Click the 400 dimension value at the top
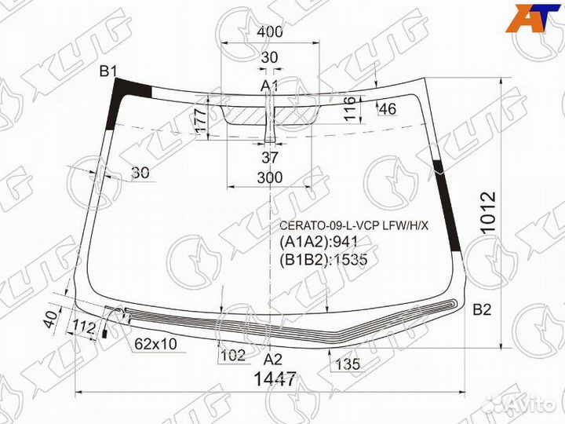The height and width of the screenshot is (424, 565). tap(269, 31)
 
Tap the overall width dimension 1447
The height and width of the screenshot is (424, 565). tap(275, 379)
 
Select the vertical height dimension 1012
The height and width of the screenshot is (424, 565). tap(488, 213)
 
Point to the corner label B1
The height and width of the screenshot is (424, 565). tap(108, 71)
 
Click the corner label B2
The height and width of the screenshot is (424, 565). tap(482, 309)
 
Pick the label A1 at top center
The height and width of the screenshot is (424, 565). tap(269, 86)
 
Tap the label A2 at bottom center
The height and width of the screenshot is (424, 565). tap(273, 360)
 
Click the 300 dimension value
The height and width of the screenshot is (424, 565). tap(270, 177)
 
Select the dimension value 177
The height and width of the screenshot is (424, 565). tap(202, 120)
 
